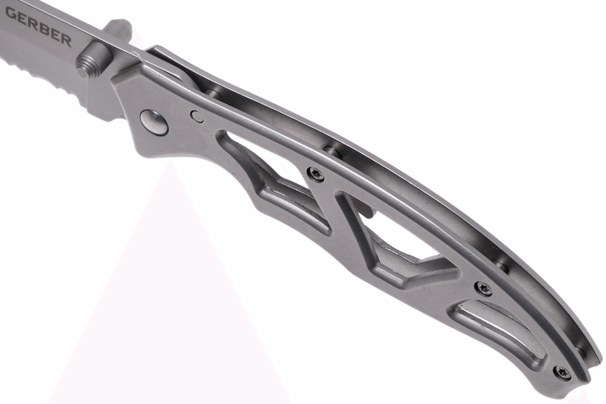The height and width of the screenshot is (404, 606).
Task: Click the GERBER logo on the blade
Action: coord(38,27)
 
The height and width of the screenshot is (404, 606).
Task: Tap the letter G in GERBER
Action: coord(12,13)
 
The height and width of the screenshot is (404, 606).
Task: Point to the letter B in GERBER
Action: coord(44,30)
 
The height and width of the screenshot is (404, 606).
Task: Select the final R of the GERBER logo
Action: coord(65,41)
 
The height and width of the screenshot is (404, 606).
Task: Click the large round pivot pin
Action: coord(154,122)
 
